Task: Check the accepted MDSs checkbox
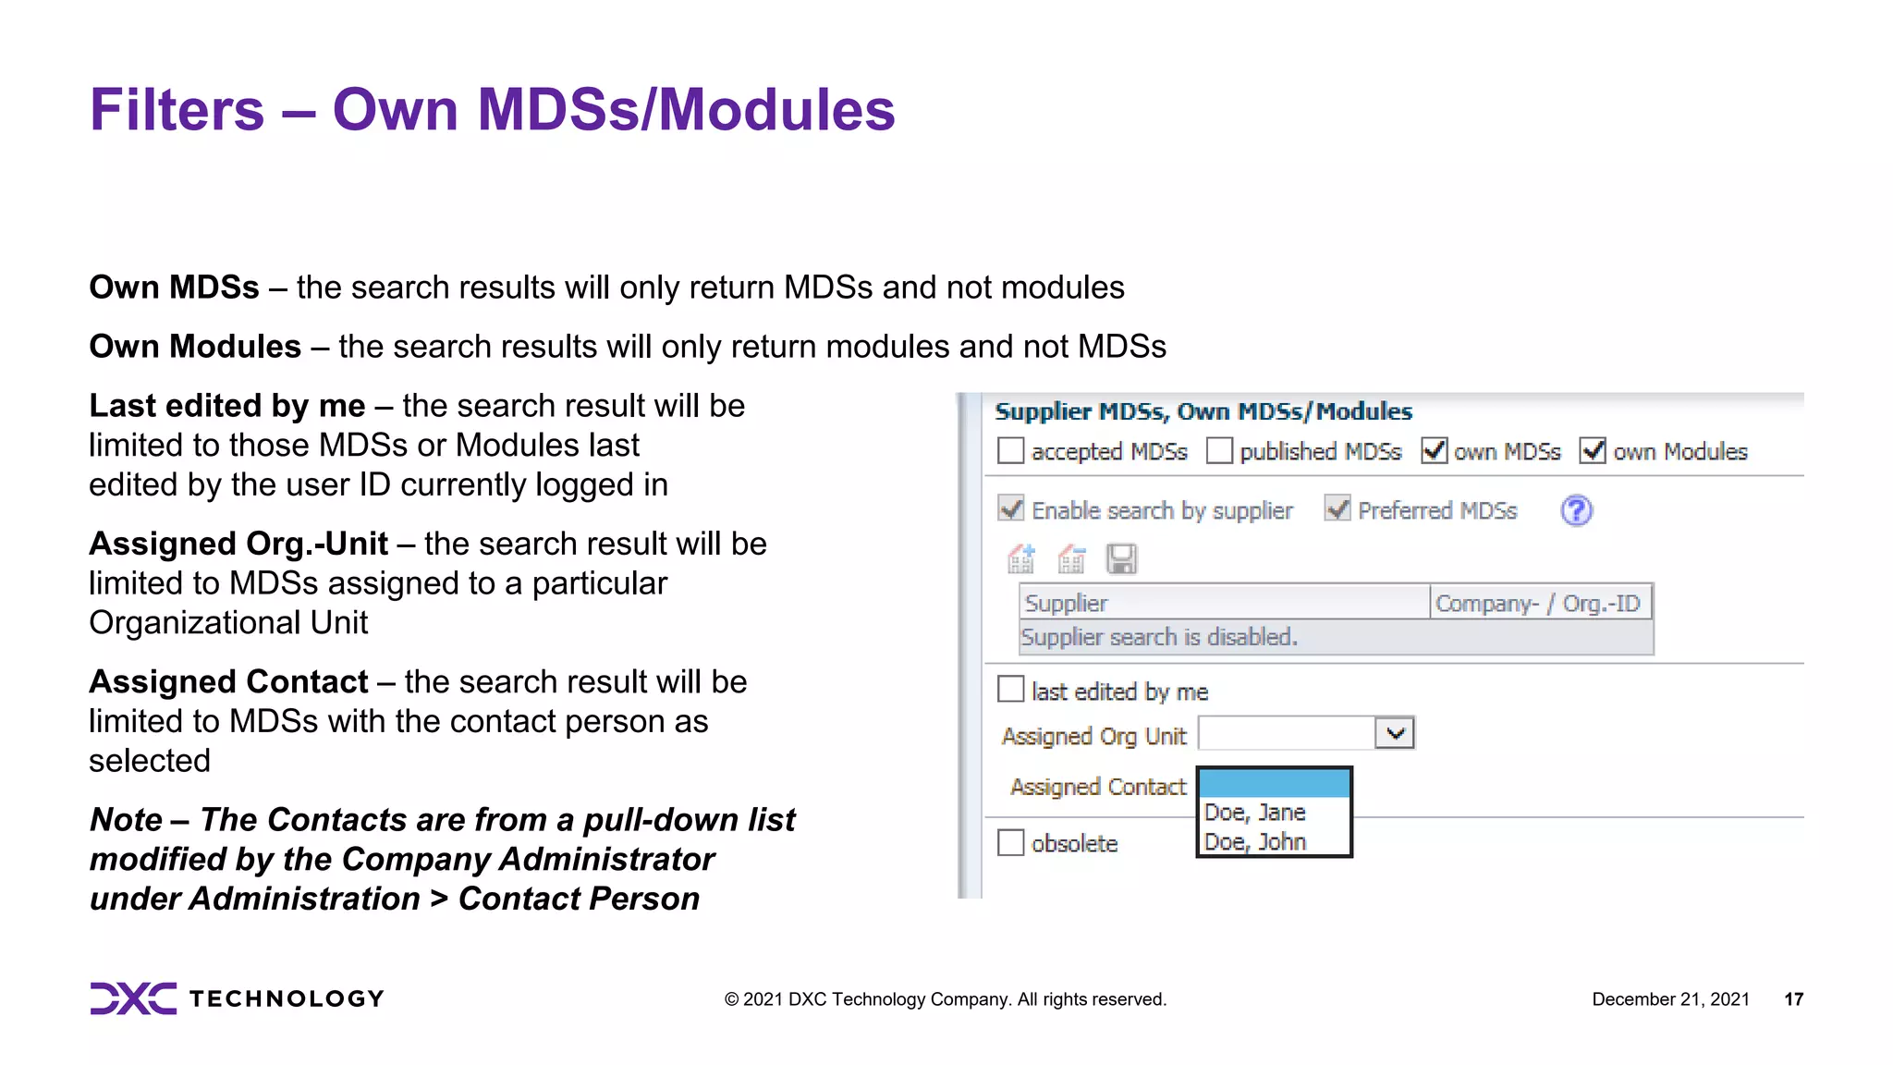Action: [x=1010, y=451]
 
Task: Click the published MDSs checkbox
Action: [x=1219, y=451]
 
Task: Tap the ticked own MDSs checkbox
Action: [x=1434, y=451]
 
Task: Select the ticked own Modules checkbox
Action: [x=1592, y=451]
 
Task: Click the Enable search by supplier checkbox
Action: [x=1011, y=508]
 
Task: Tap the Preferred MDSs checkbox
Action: [x=1337, y=508]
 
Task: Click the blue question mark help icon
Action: [x=1576, y=510]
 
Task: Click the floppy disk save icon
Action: [x=1121, y=559]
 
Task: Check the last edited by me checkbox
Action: [x=1010, y=690]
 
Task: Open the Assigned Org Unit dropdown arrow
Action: [x=1395, y=733]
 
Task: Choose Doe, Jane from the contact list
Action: [x=1254, y=813]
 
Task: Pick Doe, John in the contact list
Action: [x=1254, y=842]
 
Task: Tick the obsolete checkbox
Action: [x=1010, y=843]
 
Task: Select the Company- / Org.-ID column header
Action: [x=1538, y=603]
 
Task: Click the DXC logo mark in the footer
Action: [x=133, y=998]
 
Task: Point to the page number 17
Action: [x=1793, y=999]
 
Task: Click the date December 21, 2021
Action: [x=1670, y=999]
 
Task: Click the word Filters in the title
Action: [x=177, y=110]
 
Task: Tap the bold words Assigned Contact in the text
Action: [x=228, y=682]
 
